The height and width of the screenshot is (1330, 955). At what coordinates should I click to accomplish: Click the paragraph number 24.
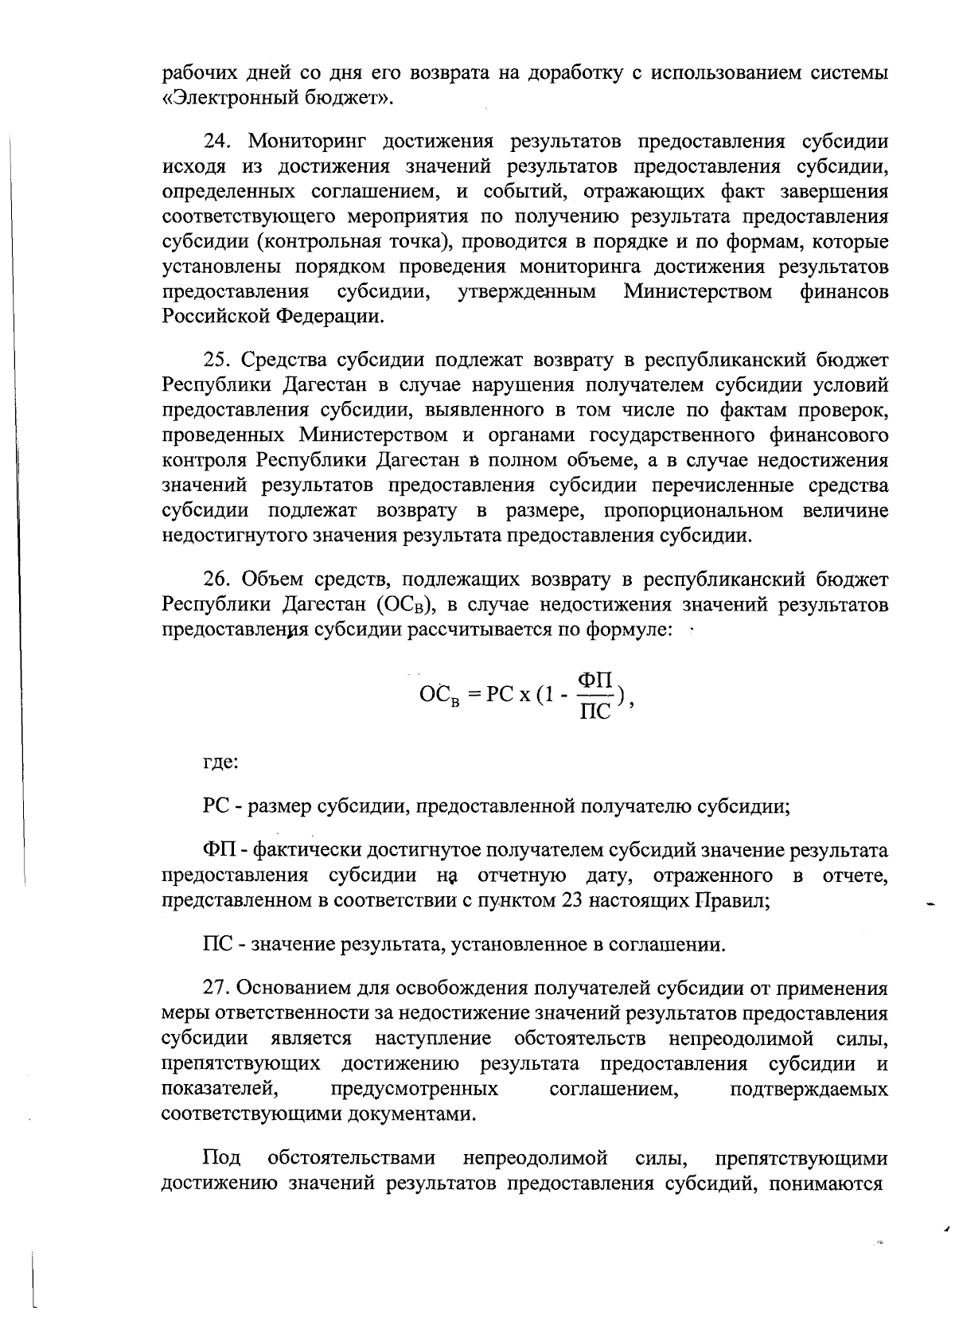[216, 142]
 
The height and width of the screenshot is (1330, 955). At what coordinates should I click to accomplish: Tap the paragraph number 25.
[216, 360]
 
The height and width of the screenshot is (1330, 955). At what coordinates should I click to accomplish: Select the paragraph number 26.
[216, 579]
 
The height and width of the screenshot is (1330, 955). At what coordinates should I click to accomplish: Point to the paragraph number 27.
[216, 989]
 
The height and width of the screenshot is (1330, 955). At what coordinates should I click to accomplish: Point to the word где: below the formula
[220, 762]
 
